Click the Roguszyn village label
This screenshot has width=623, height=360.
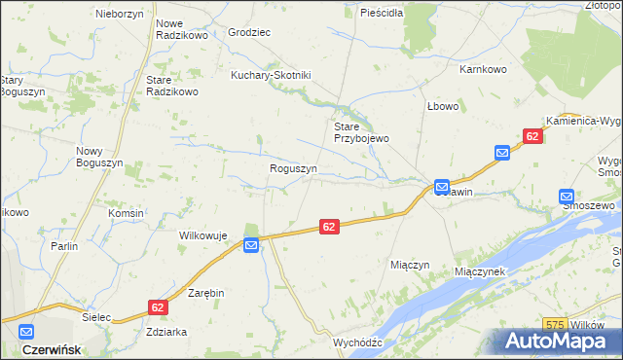(x=293, y=168)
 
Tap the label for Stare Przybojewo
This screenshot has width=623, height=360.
(x=361, y=132)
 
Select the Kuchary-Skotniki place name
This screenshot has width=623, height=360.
(x=270, y=75)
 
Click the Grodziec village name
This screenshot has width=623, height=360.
(x=248, y=32)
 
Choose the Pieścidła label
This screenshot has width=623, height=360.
(x=382, y=14)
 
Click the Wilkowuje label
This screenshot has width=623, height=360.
(x=202, y=235)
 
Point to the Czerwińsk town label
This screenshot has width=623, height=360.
(x=51, y=348)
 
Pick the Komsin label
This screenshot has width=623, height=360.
(x=127, y=213)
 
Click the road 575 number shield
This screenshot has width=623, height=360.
(x=555, y=324)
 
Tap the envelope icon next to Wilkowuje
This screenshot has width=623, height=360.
(x=251, y=246)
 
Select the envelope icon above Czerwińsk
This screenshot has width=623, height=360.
(x=25, y=331)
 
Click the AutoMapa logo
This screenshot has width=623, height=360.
(x=559, y=342)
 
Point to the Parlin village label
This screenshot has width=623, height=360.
(x=64, y=246)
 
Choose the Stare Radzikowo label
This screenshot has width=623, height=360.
(x=171, y=86)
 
